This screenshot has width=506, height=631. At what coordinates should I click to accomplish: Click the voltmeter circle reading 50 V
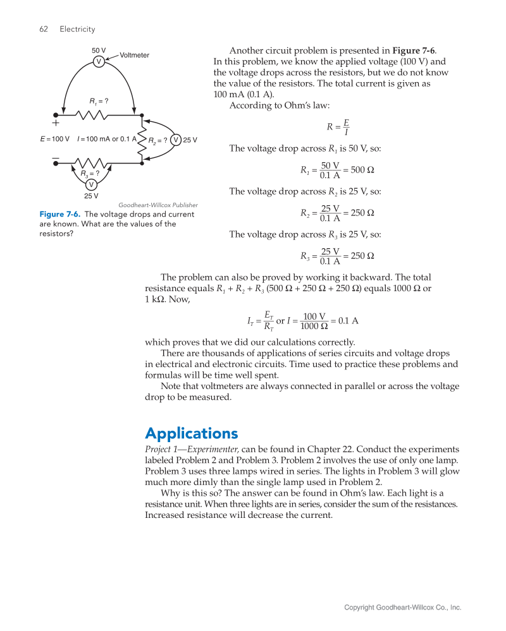tap(99, 61)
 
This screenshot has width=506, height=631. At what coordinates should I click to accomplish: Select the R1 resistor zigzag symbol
tap(92, 115)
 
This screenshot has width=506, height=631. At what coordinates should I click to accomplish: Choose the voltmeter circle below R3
tap(91, 184)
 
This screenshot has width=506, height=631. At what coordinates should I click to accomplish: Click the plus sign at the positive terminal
tap(56, 124)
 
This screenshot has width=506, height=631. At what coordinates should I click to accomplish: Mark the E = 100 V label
tap(54, 139)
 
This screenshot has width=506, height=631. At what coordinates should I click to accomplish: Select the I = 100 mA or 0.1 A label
tap(106, 139)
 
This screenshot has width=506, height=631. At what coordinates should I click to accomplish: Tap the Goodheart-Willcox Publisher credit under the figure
tap(158, 205)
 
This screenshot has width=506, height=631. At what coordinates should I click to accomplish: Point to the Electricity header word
tap(77, 29)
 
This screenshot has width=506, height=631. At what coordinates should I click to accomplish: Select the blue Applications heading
tap(191, 433)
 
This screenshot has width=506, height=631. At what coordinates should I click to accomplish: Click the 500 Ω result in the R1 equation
tap(363, 171)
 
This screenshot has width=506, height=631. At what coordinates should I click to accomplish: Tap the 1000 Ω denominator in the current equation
tap(314, 326)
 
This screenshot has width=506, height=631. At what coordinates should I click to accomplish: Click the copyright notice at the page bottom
tap(402, 608)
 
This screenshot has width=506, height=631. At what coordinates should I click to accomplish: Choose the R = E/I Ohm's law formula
tap(338, 127)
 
